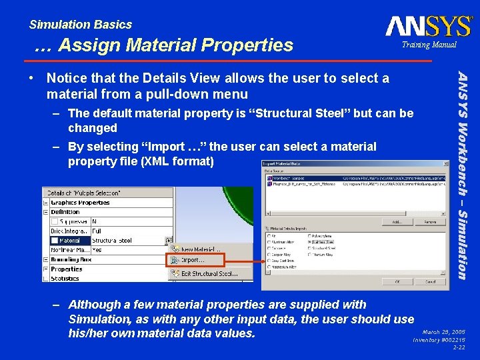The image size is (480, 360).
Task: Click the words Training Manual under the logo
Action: [429, 45]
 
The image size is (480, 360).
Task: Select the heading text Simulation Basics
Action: [80, 25]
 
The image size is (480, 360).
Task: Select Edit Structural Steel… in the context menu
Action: [209, 273]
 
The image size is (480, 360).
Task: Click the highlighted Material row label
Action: [69, 241]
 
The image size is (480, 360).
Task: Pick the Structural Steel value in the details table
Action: [112, 241]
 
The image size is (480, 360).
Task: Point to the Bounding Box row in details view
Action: [72, 260]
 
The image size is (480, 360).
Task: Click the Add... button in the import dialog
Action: [397, 222]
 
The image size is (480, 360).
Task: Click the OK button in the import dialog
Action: [397, 282]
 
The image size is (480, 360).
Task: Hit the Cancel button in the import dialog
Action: [431, 282]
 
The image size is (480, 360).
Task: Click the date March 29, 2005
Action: [443, 331]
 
